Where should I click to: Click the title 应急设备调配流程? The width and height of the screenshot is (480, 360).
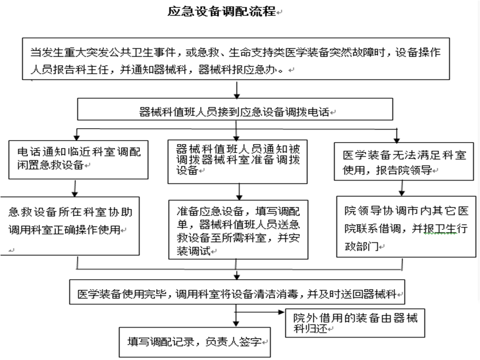[x=222, y=11]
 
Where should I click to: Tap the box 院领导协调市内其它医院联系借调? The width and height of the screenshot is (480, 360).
[x=406, y=227]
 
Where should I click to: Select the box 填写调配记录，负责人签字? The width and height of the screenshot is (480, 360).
[x=195, y=342]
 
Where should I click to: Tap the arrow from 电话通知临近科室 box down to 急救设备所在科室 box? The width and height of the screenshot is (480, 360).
[x=75, y=188]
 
